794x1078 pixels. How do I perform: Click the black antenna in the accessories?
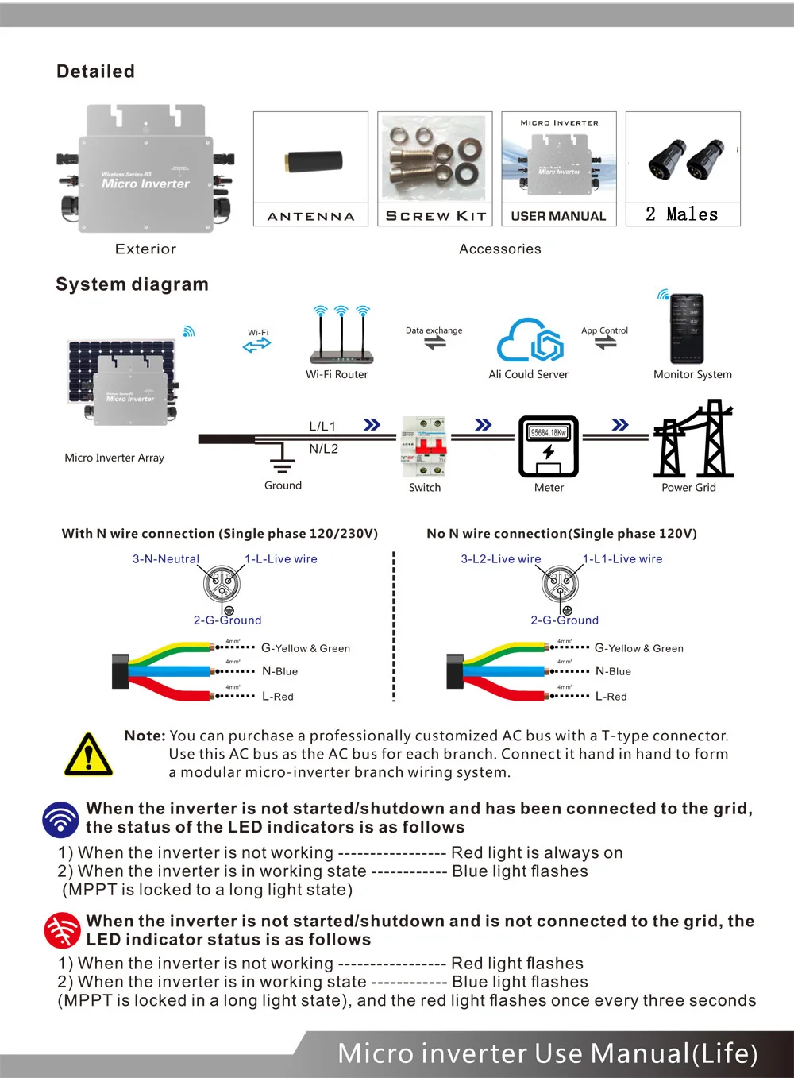314,161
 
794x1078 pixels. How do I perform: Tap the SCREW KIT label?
435,216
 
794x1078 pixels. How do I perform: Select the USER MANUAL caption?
558,216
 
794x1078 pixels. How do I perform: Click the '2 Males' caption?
682,214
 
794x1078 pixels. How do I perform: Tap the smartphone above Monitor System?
686,329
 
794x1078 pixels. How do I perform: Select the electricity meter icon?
549,446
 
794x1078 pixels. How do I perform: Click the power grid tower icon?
693,440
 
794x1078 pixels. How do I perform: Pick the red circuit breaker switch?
424,446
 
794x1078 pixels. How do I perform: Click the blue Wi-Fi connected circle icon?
60,819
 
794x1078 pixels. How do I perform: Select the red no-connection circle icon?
62,930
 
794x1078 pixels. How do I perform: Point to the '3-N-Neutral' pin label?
166,559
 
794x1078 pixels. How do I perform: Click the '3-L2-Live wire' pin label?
501,559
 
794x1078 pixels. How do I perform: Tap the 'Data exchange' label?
434,330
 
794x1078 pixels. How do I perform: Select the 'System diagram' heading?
132,284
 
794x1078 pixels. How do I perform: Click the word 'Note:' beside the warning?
145,736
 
